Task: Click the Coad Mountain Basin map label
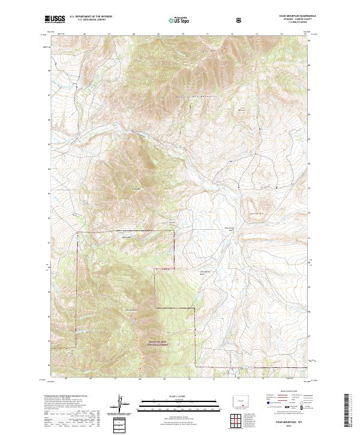click(x=205, y=272)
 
